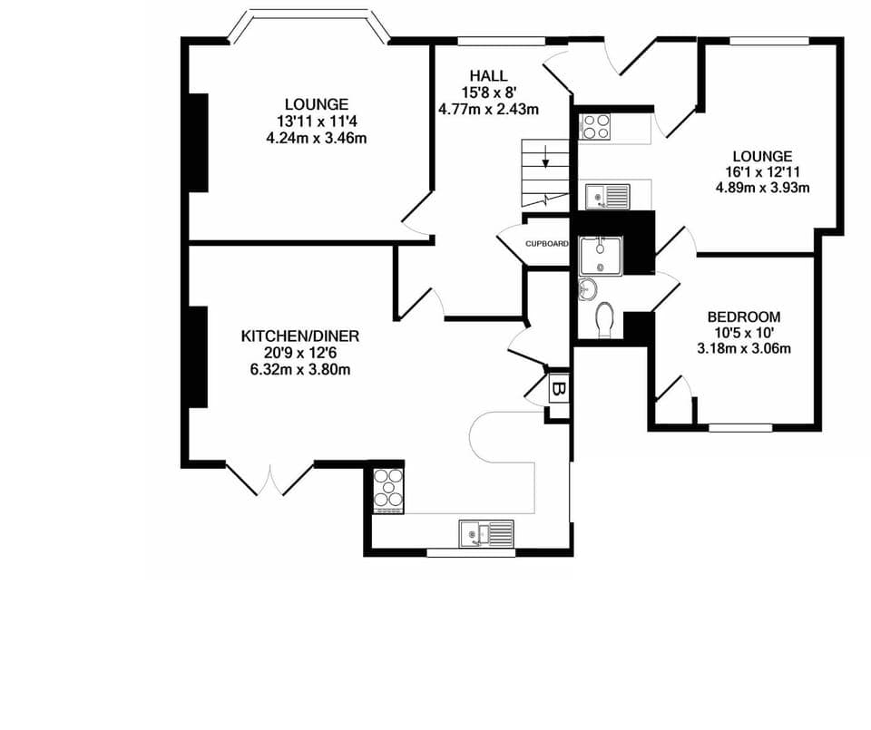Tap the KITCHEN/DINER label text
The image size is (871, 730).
[299, 336]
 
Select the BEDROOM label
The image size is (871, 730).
[743, 316]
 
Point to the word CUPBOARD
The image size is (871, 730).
[547, 244]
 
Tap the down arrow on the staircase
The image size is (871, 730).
[545, 162]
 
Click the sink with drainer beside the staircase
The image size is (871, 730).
[607, 194]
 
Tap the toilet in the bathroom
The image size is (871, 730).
[605, 319]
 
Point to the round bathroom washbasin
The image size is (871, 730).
[586, 289]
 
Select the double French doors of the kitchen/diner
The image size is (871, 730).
[270, 480]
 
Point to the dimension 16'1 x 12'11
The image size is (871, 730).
[762, 172]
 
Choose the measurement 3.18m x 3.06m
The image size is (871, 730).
[743, 348]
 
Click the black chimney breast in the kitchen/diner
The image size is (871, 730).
[198, 357]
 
